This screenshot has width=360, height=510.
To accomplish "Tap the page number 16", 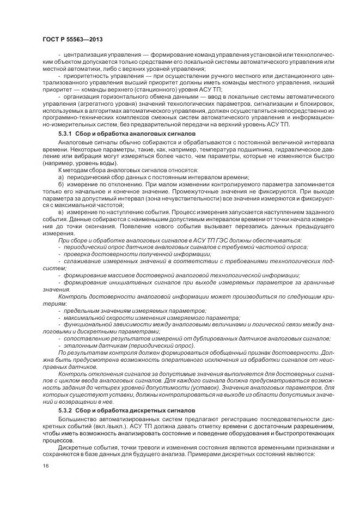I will click(45, 466).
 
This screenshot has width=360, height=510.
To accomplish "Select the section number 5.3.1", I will click(66, 134).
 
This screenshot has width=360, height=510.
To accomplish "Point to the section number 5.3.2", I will click(66, 409).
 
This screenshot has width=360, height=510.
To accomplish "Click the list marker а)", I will click(61, 178).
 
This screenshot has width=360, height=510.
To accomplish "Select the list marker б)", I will click(61, 185).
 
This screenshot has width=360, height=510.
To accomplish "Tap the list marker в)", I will click(61, 211).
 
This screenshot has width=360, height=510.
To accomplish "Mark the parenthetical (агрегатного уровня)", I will click(104, 102).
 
